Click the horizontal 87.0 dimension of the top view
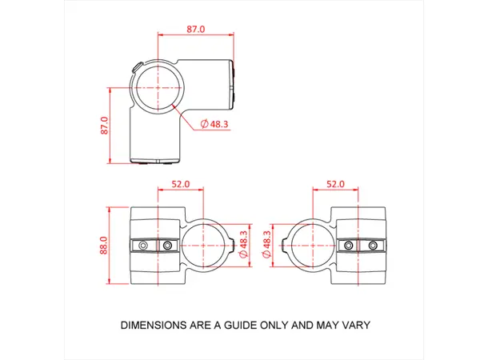(x=196, y=29)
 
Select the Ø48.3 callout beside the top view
(x=212, y=124)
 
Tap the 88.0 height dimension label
(x=104, y=244)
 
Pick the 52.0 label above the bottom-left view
(x=181, y=184)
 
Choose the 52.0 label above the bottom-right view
(x=334, y=184)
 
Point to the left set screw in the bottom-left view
(x=143, y=245)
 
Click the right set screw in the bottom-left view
(x=167, y=245)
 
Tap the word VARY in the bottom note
(x=354, y=326)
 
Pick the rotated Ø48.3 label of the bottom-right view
(x=268, y=244)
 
